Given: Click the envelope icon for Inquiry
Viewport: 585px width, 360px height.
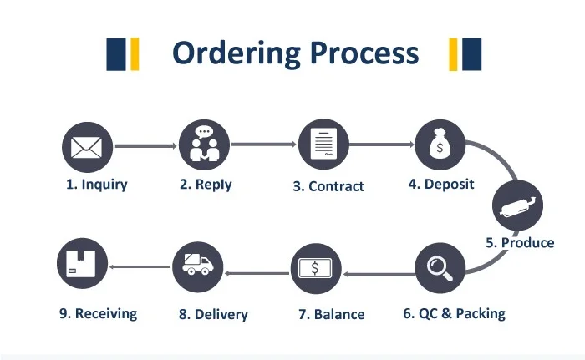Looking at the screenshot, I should click(x=86, y=148).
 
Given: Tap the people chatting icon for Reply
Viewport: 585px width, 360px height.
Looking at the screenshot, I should click(x=204, y=145).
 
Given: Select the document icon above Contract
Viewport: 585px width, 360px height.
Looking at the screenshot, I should click(x=323, y=145).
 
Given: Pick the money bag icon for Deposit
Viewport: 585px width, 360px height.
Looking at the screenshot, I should click(x=440, y=145).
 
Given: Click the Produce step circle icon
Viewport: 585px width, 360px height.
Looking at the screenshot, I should click(x=517, y=204).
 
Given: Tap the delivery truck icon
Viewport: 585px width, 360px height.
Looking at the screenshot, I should click(x=197, y=266).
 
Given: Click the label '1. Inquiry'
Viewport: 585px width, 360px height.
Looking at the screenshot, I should click(x=97, y=185).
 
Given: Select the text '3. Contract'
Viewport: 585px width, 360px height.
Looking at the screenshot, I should click(x=328, y=186).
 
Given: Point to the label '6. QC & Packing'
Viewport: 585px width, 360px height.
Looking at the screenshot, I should click(x=454, y=314).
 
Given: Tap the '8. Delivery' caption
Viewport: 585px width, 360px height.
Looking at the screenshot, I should click(x=213, y=315).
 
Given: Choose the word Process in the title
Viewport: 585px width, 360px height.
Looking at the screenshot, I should click(x=364, y=53).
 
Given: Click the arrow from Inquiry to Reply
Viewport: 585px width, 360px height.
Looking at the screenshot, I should click(x=145, y=146).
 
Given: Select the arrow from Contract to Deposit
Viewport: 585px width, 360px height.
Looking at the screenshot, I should click(x=381, y=145).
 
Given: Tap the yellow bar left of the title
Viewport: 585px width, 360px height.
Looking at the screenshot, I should click(x=134, y=53).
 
